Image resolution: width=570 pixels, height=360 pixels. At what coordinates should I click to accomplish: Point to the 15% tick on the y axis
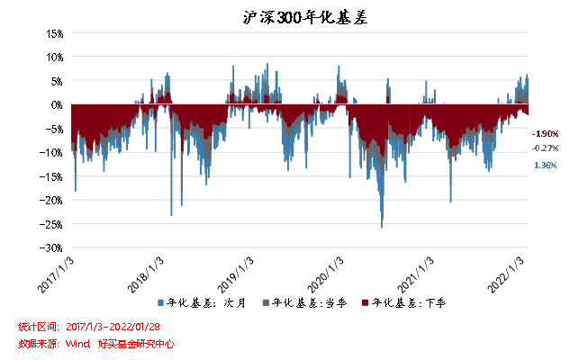tap(53, 33)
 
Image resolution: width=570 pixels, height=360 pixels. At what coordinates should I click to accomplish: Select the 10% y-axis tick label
tap(53, 57)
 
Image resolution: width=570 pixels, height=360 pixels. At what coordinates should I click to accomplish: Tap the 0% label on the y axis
tap(56, 104)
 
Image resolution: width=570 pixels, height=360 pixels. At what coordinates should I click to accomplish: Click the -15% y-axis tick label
tap(51, 176)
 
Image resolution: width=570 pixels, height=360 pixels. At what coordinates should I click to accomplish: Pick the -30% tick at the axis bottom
tap(51, 247)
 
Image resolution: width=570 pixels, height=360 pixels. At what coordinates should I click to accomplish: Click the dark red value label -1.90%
tap(546, 133)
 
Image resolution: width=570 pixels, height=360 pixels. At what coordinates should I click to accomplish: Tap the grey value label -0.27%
tap(546, 148)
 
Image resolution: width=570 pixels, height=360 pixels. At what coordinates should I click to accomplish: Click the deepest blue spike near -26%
tap(382, 225)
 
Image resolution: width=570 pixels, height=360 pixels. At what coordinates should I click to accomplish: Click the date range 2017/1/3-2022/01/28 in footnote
tap(114, 326)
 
